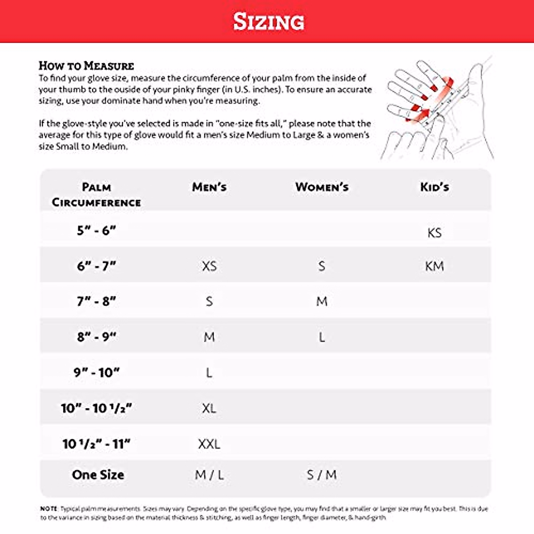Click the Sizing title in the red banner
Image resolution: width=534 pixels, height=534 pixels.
(x=269, y=21)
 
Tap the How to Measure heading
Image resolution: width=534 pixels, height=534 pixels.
(x=86, y=66)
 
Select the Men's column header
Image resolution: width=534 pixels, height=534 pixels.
(x=209, y=187)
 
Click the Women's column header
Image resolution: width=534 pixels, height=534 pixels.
(x=322, y=187)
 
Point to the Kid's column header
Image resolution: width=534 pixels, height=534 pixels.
(x=434, y=187)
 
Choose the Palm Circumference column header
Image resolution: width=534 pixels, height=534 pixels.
(x=96, y=195)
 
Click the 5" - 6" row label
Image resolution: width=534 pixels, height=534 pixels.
(x=96, y=231)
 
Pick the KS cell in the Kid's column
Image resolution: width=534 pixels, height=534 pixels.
(x=434, y=233)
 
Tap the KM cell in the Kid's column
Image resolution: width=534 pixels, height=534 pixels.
(x=434, y=266)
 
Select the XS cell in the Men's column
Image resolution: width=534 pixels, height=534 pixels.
(x=209, y=266)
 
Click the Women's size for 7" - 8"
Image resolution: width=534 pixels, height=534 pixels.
(x=322, y=302)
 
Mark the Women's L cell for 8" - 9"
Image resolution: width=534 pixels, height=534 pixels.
(x=322, y=337)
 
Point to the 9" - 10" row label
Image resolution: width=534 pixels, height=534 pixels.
(x=96, y=372)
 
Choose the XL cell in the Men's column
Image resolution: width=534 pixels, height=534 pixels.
(x=209, y=408)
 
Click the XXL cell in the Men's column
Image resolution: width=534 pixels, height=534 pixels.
(x=209, y=444)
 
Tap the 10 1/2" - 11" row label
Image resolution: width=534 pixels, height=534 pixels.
(x=96, y=444)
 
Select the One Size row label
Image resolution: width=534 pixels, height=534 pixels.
(x=98, y=475)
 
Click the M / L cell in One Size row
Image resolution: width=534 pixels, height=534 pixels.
(x=209, y=475)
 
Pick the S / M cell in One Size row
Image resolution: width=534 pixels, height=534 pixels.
(x=322, y=475)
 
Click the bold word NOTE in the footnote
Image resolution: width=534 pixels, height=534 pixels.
(x=49, y=508)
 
